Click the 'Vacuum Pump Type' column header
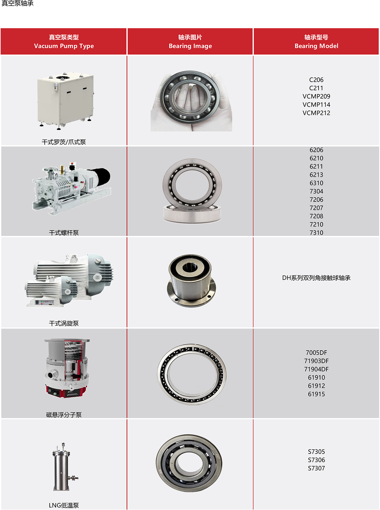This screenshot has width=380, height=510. pos(64,41)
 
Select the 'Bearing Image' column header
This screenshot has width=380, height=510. pos(190,41)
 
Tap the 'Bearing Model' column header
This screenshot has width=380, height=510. pos(316,41)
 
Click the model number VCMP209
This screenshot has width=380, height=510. pos(316,96)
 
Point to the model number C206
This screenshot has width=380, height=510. pos(316,80)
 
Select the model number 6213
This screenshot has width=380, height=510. pos(316,175)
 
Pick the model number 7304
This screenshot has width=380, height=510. pos(316,191)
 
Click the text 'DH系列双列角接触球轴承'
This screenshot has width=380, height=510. pos(316,278)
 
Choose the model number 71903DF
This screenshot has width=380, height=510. pos(316,361)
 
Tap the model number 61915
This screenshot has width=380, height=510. pos(316,394)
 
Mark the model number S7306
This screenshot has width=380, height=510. pos(316,460)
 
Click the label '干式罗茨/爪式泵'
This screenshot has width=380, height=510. pos(64,142)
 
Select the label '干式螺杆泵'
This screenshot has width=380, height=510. pos(64,233)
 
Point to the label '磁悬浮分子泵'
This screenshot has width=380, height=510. pos(64,415)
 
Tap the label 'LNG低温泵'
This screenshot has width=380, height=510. pos(64,505)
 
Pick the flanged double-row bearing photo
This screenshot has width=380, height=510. pos(191,281)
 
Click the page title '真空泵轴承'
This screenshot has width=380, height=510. pos(17,3)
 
